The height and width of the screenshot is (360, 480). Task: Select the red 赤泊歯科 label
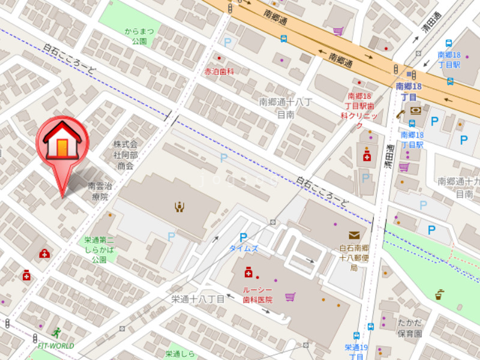218,71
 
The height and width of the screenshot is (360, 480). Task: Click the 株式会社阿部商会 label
125,155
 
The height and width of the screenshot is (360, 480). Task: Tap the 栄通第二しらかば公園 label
99,250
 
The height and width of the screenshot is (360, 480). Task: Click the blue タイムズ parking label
244,248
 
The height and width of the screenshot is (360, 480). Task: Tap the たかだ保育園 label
410,328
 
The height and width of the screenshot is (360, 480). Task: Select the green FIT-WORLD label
56,346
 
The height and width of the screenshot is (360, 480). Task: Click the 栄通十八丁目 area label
197,299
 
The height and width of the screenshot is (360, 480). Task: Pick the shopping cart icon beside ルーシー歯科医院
290,296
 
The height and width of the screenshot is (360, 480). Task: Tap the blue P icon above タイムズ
243,237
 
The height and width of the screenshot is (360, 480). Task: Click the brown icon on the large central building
179,207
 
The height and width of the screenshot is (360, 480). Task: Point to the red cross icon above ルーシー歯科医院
248,273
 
